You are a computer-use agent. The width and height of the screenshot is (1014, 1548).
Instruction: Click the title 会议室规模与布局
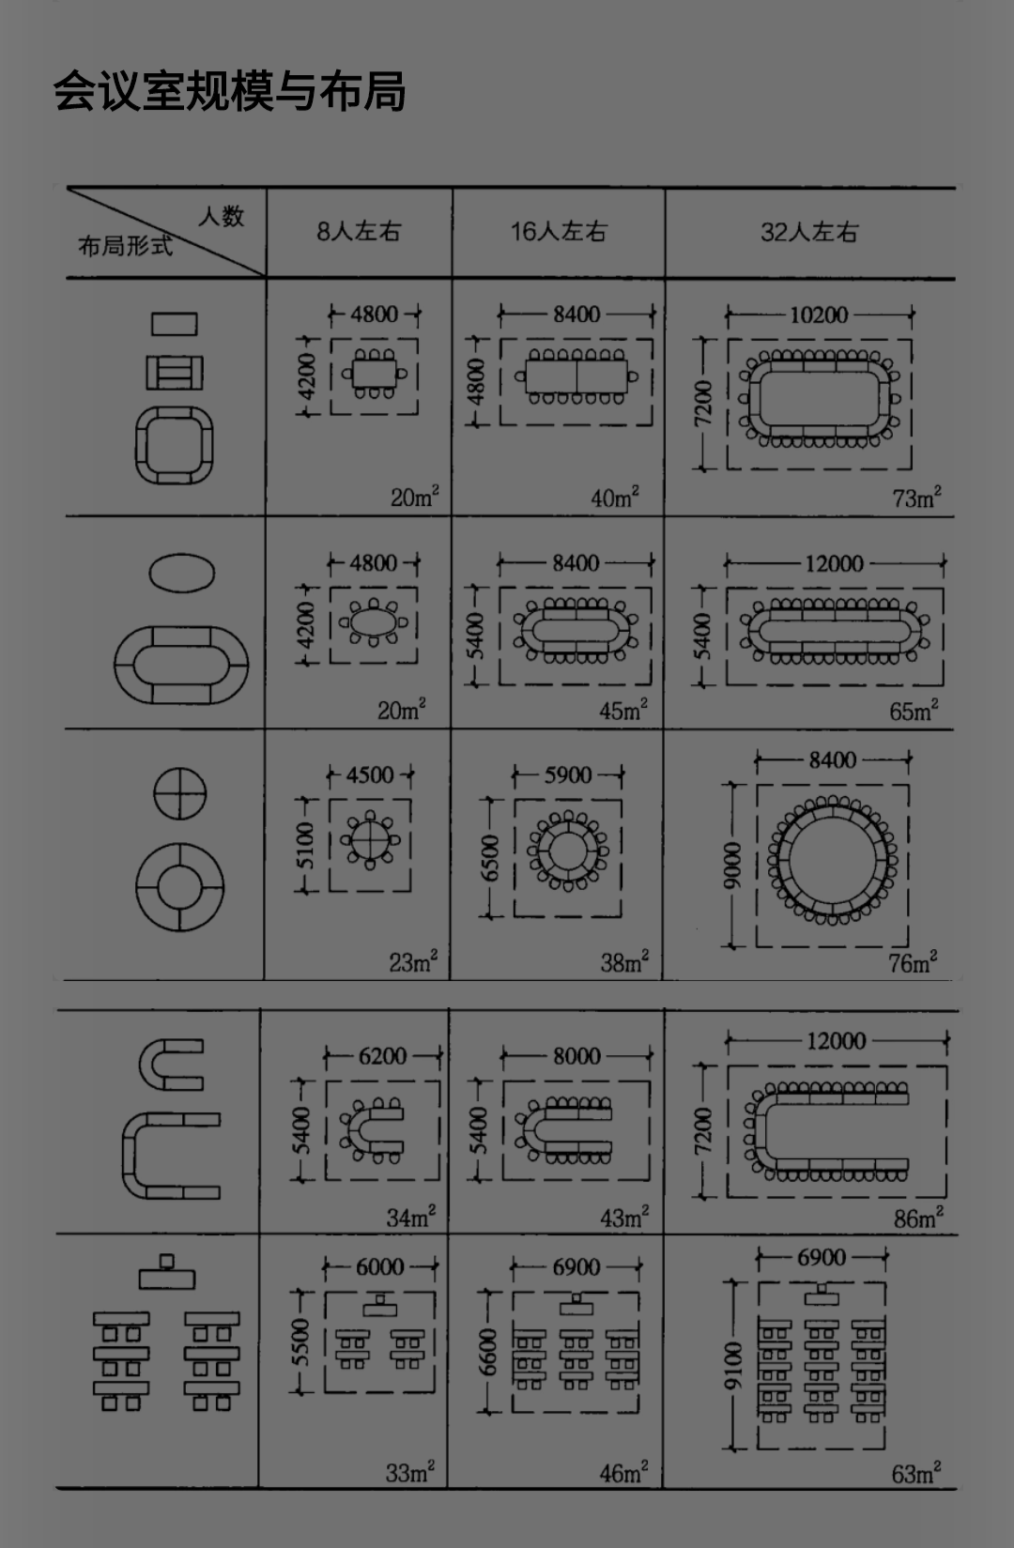click(229, 91)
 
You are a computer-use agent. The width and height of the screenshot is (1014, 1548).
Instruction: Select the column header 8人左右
click(359, 232)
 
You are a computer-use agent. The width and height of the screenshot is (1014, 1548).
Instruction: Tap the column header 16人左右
click(559, 232)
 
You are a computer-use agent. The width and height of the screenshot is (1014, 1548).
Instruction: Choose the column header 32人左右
click(809, 232)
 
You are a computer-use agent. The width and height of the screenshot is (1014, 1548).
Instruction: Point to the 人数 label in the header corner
click(222, 216)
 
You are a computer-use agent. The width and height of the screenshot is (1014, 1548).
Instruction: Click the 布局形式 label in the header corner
click(125, 245)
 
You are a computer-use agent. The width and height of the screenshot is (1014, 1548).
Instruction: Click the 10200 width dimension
click(819, 315)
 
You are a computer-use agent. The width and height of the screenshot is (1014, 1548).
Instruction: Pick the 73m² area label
click(916, 498)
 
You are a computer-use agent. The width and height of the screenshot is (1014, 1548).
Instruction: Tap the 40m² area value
click(614, 497)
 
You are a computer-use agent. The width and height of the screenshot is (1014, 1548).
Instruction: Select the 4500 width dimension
click(370, 774)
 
